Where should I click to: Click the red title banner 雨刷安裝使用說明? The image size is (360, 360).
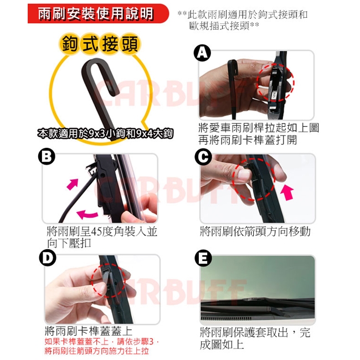(98, 13)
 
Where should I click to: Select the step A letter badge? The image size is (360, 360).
(202, 53)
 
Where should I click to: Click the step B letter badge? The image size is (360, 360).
(47, 156)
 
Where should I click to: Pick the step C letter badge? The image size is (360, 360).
(203, 157)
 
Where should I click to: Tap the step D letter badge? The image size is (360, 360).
(48, 258)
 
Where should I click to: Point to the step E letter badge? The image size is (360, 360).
(203, 258)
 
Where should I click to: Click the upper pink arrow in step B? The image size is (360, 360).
(73, 184)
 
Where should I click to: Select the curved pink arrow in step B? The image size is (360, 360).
(87, 214)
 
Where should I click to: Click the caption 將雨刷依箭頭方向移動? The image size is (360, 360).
(255, 232)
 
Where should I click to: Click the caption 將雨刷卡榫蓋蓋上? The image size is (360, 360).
(89, 331)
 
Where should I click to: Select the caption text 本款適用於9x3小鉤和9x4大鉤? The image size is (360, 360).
(105, 134)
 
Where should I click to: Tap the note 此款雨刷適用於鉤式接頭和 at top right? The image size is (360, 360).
(243, 15)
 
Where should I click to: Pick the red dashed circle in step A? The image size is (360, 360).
(275, 82)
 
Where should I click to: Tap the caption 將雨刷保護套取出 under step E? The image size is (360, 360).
(244, 332)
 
